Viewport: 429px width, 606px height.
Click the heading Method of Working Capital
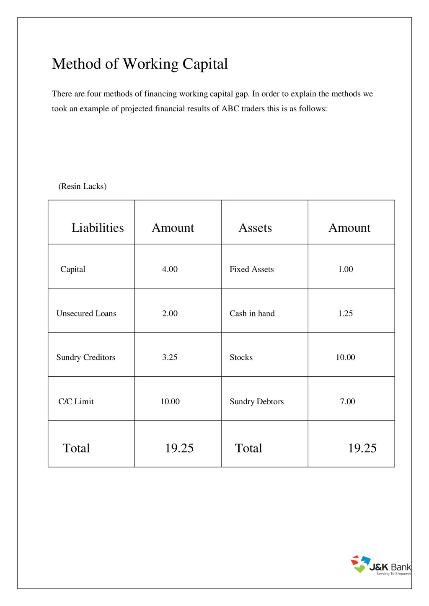click(140, 64)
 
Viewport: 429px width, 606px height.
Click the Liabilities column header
click(97, 228)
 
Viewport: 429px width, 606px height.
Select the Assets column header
click(255, 228)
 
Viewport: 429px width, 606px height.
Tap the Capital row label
click(72, 269)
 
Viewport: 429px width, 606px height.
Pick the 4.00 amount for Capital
click(170, 269)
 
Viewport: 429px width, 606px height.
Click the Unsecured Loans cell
click(86, 313)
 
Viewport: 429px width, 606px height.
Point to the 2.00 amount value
click(170, 313)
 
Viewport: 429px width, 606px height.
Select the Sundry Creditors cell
click(85, 357)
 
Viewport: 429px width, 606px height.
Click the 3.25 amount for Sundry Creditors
click(170, 357)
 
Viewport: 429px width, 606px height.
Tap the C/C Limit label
click(76, 402)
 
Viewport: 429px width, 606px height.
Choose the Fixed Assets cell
click(251, 269)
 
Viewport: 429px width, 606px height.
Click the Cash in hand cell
click(252, 313)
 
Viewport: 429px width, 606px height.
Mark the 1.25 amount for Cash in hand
click(345, 313)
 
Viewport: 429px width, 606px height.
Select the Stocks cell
click(241, 357)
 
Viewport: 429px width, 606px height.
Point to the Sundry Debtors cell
click(256, 402)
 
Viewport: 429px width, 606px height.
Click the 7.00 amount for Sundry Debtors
click(347, 402)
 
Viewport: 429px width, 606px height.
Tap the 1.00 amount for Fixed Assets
click(345, 269)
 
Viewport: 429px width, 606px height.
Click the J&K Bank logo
click(380, 565)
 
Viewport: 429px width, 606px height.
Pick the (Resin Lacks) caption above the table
click(82, 187)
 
